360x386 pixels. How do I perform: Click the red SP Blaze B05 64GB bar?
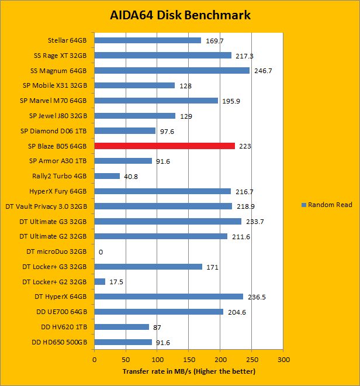pos(164,146)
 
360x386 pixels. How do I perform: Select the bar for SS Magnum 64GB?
pos(172,70)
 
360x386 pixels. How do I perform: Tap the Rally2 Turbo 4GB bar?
pos(107,176)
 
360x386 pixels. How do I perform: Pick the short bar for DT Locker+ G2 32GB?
pos(100,282)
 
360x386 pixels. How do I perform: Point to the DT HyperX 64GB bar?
pos(168,297)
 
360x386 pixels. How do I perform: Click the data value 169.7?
pos(215,41)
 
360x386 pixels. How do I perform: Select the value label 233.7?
pos(255,222)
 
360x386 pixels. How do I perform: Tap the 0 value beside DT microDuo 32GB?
pos(101,252)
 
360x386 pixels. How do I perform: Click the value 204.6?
pos(237,312)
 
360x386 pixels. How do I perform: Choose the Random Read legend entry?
pos(326,205)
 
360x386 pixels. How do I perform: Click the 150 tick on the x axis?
pos(188,360)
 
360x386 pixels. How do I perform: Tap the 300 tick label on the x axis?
pos(283,360)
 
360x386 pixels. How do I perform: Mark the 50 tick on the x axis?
pos(126,360)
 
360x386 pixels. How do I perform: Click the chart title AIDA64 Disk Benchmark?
pos(180,15)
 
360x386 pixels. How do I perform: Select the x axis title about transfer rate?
pos(189,371)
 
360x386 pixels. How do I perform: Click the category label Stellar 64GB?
pos(67,40)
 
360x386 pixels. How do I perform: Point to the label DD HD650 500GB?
pos(60,342)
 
